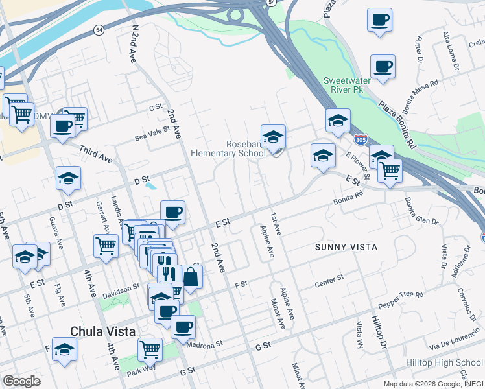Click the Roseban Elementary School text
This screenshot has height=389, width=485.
(x=228, y=148)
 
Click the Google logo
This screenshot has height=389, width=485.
(x=21, y=381)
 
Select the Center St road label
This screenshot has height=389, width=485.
(x=329, y=280)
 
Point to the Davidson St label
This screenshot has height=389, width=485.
(x=123, y=287)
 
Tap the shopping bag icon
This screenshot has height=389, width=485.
(x=191, y=276)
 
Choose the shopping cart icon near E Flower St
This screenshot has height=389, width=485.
(x=390, y=171)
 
